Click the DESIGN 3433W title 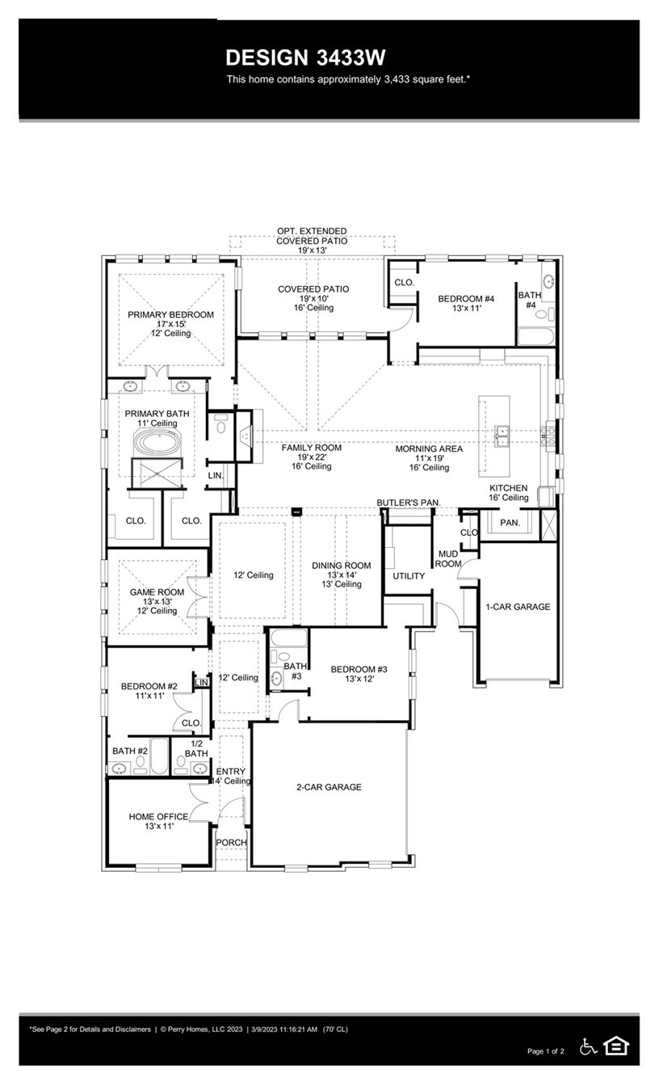[305, 57]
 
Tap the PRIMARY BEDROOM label [170, 314]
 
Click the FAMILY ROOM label [311, 448]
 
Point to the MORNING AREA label [429, 448]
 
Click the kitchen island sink [502, 437]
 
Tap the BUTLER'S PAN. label [409, 503]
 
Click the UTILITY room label [409, 576]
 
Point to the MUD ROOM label [448, 558]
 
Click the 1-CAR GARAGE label [518, 607]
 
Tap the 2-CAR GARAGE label [329, 787]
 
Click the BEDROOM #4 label [466, 299]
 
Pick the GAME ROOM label [157, 592]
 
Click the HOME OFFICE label [158, 817]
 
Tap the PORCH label [230, 843]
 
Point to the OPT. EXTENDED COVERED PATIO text [312, 236]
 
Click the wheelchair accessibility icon [589, 1046]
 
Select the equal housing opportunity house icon [616, 1046]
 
